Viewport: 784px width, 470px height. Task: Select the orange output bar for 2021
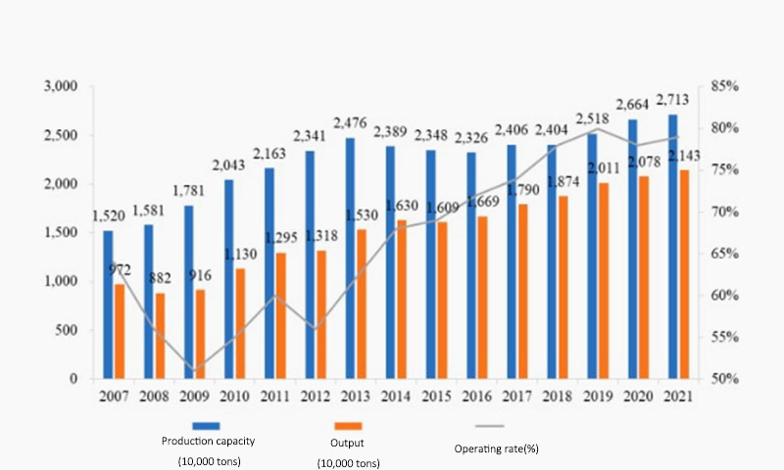pos(684,274)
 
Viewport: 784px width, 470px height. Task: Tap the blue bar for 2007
pos(108,305)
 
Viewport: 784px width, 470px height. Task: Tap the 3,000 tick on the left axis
pos(61,86)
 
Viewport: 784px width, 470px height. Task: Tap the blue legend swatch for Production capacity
pos(207,426)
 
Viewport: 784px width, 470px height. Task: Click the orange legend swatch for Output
pos(349,426)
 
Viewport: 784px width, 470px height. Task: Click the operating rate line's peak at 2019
pos(597,129)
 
